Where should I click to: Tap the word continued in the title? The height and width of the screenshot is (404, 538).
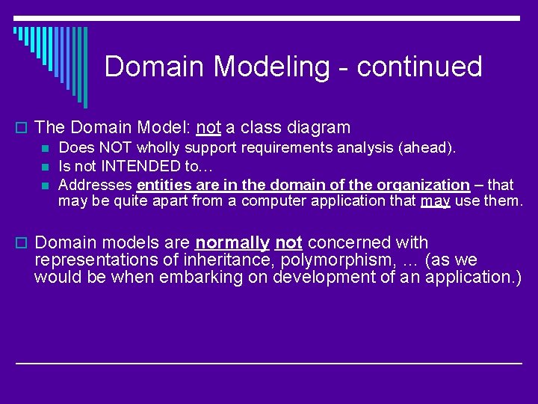[x=419, y=67]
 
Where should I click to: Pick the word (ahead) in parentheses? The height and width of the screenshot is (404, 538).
[x=430, y=148]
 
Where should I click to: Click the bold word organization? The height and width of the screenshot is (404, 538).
[x=422, y=184]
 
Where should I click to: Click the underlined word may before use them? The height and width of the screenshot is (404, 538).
[x=435, y=201]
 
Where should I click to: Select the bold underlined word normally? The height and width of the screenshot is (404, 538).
[x=232, y=242]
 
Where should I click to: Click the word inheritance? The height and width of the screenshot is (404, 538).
[x=212, y=260]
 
